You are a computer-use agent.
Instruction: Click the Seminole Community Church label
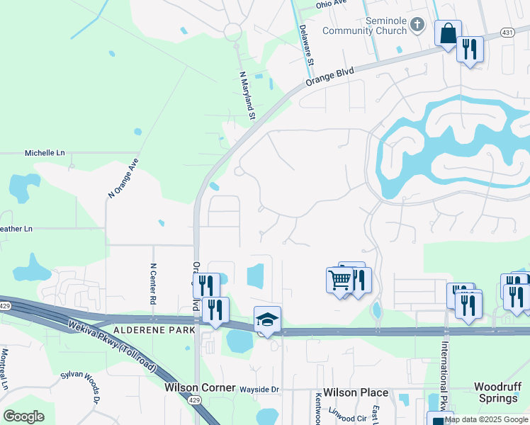[365, 25]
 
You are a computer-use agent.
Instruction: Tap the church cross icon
[418, 26]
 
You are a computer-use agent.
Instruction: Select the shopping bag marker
[448, 34]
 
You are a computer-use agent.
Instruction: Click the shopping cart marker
[339, 280]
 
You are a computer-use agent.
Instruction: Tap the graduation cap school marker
[267, 321]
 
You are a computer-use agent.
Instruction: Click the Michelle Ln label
[45, 153]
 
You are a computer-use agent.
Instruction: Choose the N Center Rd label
[152, 284]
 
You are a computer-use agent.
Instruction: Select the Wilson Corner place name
[199, 388]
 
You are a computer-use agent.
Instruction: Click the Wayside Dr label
[261, 390]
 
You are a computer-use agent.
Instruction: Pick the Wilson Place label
[356, 392]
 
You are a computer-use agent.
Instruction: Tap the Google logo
[23, 416]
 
